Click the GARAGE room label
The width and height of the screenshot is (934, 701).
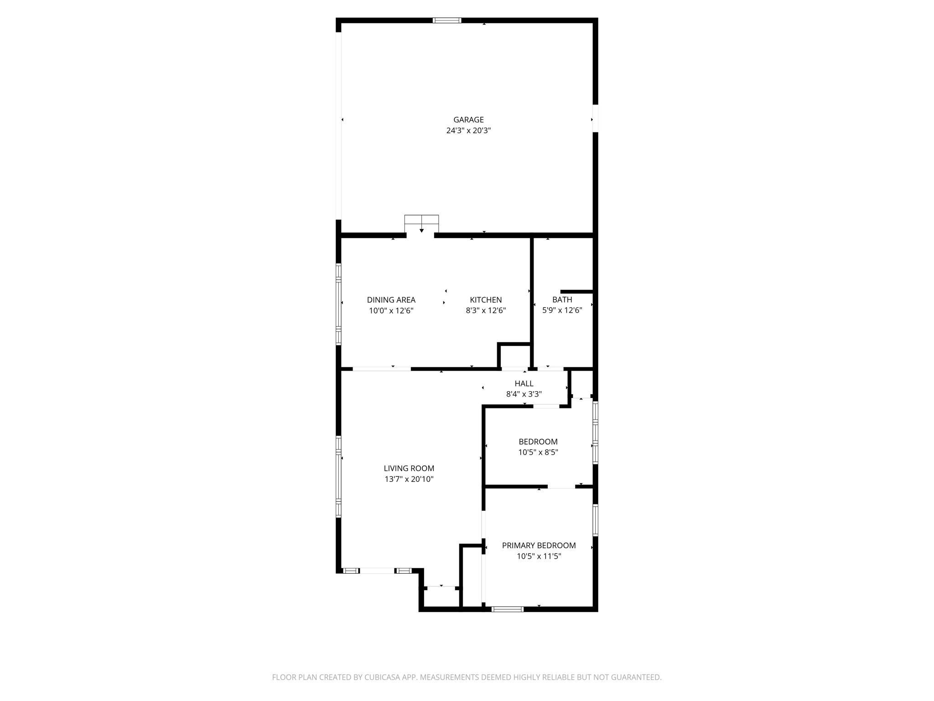(468, 120)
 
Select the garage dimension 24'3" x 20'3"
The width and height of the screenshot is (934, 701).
(468, 131)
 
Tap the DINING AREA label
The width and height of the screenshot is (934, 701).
(391, 300)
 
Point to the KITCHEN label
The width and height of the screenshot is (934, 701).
(486, 300)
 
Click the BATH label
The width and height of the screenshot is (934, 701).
(562, 300)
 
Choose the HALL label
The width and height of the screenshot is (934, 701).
(524, 384)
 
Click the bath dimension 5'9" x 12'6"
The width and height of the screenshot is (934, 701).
(562, 311)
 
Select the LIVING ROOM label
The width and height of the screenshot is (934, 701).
(409, 468)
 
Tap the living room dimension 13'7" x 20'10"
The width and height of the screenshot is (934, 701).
(409, 479)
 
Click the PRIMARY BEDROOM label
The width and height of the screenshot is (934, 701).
(539, 545)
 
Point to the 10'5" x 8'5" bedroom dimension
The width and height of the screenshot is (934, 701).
(538, 452)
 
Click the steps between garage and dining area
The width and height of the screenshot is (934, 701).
(421, 224)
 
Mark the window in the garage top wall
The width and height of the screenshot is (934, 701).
(447, 20)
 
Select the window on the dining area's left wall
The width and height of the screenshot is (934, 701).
(338, 304)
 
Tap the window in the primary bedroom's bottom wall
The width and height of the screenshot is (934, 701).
(507, 609)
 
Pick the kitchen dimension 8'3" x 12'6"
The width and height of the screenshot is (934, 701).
(486, 311)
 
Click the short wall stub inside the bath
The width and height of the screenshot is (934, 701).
(576, 292)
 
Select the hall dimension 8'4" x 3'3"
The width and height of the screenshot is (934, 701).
(524, 394)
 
